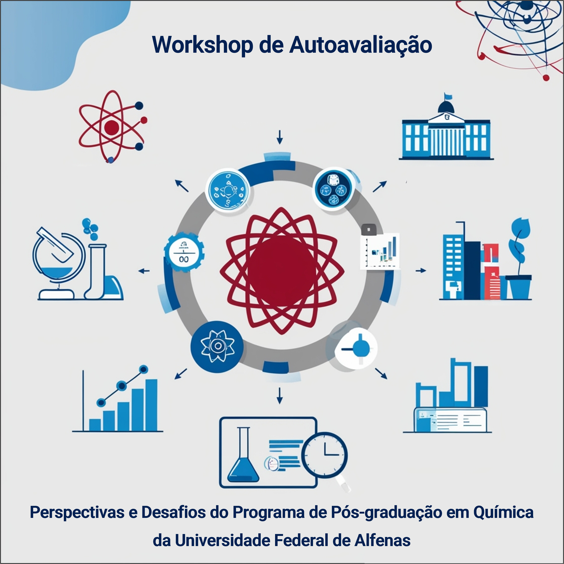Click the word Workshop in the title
[202, 45]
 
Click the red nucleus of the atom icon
[112, 127]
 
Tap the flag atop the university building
[448, 96]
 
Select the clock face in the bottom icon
[324, 455]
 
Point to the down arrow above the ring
[280, 137]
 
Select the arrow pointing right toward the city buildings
[421, 271]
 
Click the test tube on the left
[95, 271]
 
